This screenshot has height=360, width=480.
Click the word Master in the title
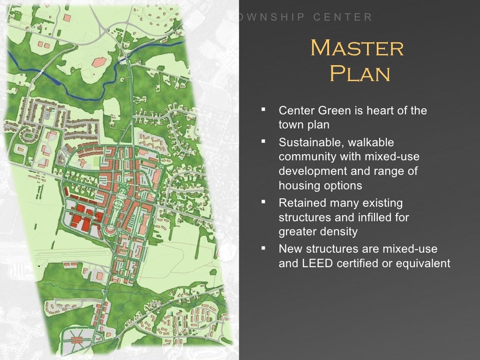(x=357, y=48)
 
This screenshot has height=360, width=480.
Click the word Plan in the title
(x=360, y=74)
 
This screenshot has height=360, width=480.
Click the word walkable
(x=370, y=142)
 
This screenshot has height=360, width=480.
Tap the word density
(x=338, y=232)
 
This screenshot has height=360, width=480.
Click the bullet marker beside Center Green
(x=263, y=110)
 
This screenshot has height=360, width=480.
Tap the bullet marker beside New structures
(x=263, y=248)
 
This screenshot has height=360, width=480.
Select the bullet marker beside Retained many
(x=263, y=202)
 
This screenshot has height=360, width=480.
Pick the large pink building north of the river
(x=99, y=62)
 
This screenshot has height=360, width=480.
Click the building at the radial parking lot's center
(x=78, y=338)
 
